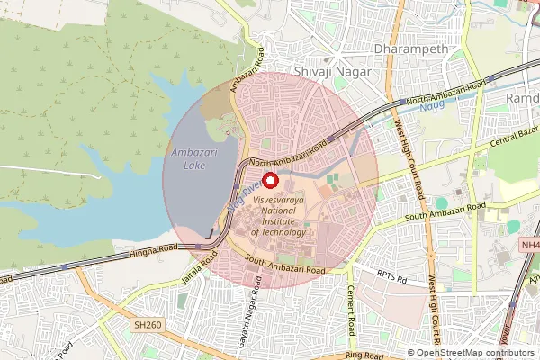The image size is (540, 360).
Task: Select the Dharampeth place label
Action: point(398,49)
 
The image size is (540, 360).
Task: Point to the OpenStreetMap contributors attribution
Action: point(472,353)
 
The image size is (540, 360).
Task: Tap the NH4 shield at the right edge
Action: point(530,245)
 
